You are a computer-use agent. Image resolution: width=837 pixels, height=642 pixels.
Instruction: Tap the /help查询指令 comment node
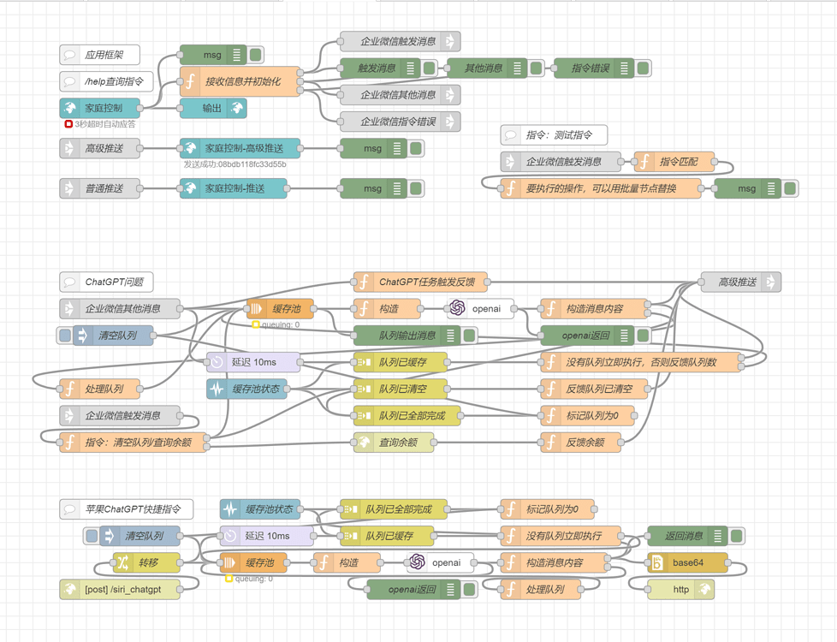pyautogui.click(x=106, y=81)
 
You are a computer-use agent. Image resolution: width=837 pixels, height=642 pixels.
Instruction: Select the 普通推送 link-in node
pyautogui.click(x=99, y=188)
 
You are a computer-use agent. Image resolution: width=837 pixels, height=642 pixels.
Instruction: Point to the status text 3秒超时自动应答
pyautogui.click(x=104, y=124)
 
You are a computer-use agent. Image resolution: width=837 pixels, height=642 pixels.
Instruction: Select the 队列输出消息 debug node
pyautogui.click(x=407, y=335)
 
